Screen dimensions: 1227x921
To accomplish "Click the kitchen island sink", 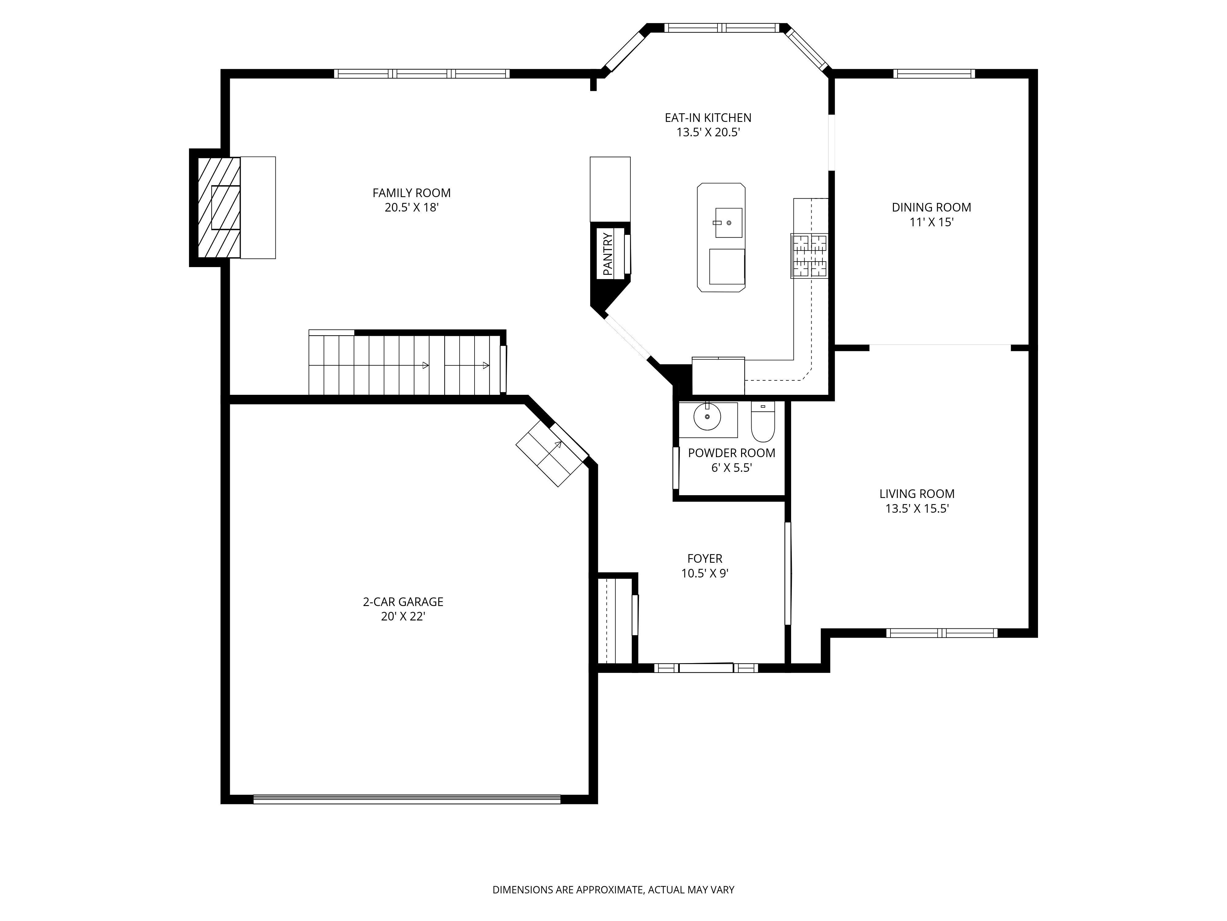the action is coord(728,223).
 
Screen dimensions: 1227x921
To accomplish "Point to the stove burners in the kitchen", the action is coord(809,256).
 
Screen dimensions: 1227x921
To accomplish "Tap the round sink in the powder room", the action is coord(707,416).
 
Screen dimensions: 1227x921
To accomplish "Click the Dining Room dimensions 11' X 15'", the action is coord(931,222).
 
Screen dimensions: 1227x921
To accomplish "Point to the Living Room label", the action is coord(917,494).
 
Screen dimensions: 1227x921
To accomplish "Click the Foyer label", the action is coord(705,558).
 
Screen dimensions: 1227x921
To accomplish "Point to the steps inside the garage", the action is coord(552,453).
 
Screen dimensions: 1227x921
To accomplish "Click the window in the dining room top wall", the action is coord(934,73).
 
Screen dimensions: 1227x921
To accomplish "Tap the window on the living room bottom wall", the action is coord(941,633).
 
